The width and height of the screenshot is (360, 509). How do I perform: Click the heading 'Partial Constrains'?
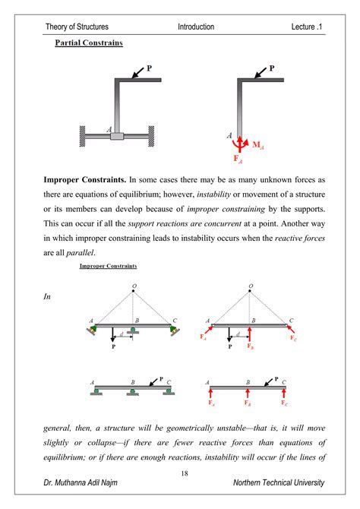coord(89,43)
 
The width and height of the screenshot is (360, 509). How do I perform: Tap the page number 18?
coord(185,473)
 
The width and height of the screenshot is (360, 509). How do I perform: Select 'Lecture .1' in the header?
coord(306,27)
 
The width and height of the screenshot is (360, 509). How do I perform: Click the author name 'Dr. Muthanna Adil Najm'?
coord(81,482)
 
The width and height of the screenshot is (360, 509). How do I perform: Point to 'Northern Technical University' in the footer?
coord(279,482)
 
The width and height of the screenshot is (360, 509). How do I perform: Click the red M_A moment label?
coord(258,145)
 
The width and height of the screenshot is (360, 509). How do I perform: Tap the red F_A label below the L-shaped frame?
coord(238,159)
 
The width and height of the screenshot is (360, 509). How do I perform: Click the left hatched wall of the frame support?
coord(83,136)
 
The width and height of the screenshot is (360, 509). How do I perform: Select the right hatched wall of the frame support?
coord(151,136)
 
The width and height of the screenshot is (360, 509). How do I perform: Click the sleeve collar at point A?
coord(117,136)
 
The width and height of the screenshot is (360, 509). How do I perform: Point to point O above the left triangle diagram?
coord(134,290)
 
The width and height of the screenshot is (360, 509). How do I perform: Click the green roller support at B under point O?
coord(133,330)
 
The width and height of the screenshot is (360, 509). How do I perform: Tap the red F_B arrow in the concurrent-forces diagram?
coord(249,335)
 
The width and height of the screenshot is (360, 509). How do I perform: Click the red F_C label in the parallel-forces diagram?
coord(284,403)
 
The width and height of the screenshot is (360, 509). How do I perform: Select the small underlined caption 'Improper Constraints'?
coord(108,266)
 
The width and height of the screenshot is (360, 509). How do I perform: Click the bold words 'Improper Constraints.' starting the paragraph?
coord(85,180)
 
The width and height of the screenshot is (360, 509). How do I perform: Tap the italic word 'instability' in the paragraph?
coord(213,194)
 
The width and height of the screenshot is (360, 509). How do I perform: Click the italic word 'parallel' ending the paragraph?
coord(80,252)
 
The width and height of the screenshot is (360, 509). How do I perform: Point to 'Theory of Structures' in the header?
coord(77,27)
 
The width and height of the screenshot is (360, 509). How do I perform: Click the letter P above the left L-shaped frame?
coord(150,68)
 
